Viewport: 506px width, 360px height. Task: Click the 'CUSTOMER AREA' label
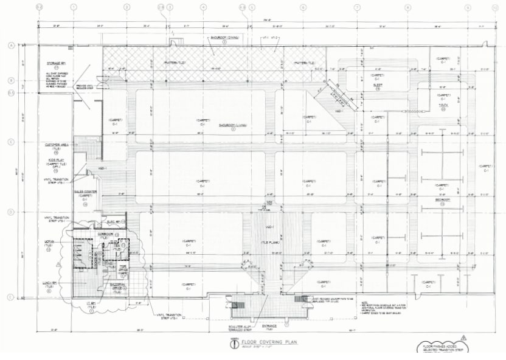tap(56, 145)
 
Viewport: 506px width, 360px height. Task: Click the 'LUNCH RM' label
tap(50, 283)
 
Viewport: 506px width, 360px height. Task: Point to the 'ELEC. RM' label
tap(115, 221)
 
